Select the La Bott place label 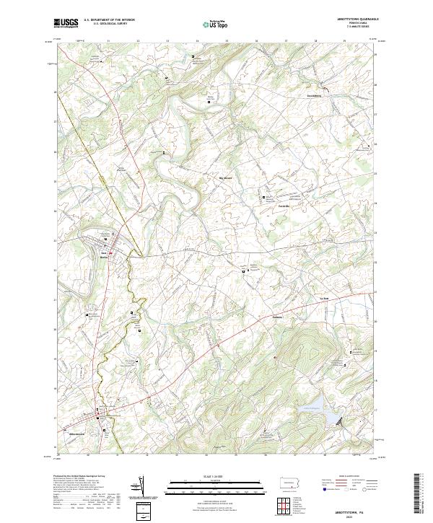pyautogui.click(x=323, y=297)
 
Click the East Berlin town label pyautogui.click(x=104, y=254)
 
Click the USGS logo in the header pyautogui.click(x=66, y=23)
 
